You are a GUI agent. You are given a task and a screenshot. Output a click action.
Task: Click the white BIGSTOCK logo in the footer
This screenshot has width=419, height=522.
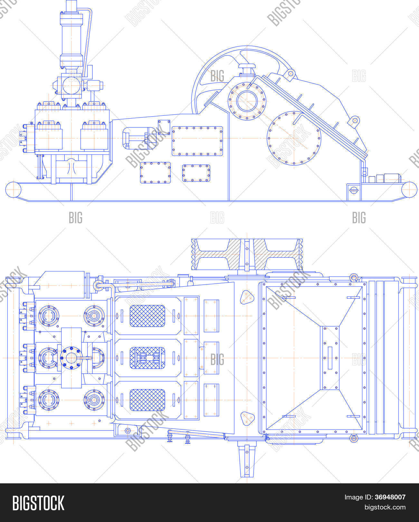tap(38, 503)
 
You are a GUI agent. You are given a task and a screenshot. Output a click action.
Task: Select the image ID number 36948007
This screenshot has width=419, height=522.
tap(390, 497)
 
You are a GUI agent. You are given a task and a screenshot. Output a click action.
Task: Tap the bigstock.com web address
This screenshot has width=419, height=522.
tap(385, 507)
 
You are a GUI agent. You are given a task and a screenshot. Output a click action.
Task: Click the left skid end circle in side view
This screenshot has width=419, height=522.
tap(13, 190)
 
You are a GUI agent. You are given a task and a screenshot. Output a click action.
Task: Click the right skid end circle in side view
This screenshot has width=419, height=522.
tap(409, 190)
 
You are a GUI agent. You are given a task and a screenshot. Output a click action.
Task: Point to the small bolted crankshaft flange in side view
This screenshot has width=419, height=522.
tap(247, 101)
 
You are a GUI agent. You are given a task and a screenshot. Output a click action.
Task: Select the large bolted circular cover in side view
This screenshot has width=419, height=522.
tap(294, 139)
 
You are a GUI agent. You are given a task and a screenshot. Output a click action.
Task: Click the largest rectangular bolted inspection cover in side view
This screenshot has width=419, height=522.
tap(197, 141)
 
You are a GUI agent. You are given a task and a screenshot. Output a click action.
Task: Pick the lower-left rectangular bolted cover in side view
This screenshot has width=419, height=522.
tap(155, 173)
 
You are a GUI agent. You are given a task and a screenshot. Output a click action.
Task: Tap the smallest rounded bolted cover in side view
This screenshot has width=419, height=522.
tap(196, 173)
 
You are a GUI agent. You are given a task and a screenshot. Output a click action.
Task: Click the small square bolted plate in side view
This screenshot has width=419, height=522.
tap(164, 127)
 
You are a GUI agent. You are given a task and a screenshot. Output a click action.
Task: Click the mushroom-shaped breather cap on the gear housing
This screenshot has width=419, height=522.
tap(247, 69)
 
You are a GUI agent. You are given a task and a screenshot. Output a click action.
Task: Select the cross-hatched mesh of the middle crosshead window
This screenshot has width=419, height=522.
tap(148, 358)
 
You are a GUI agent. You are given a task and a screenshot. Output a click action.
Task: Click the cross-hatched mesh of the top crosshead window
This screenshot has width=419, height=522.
tap(148, 316)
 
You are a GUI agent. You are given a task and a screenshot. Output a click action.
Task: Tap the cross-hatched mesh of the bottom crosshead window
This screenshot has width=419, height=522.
tap(148, 400)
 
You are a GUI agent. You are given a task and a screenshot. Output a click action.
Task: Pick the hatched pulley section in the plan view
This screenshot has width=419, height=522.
tap(247, 254)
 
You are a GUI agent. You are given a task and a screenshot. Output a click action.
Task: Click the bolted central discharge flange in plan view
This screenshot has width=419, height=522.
tap(71, 358)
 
